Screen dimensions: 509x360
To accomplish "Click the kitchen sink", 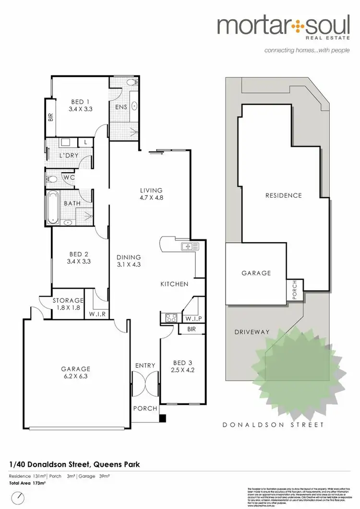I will coord(187,247).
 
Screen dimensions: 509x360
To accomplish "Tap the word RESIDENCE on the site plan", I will coord(284,195).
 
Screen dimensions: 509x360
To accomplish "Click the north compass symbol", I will coord(17,497).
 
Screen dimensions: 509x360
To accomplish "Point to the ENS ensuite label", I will coord(121,107).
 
